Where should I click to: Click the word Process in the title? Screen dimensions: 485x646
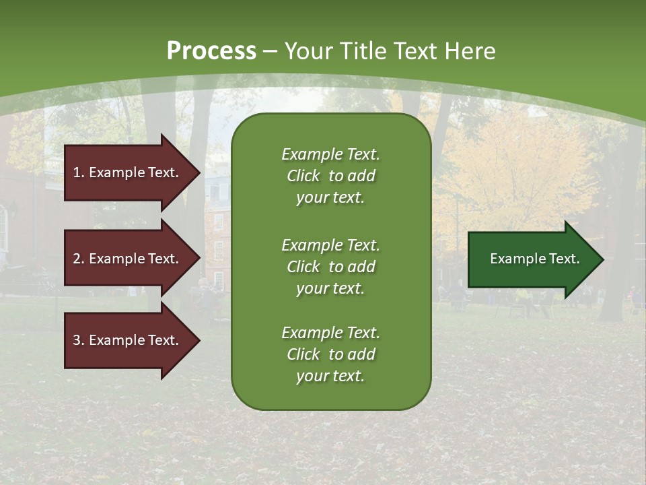tap(211, 51)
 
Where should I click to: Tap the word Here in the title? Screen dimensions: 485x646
tap(470, 51)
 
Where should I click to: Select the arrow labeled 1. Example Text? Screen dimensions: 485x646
tap(128, 172)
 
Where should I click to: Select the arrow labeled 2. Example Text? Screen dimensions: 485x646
tap(128, 259)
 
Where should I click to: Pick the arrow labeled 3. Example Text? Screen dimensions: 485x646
tap(128, 340)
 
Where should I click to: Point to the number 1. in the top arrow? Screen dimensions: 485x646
tap(79, 172)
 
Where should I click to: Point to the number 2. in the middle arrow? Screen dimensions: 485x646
tap(79, 259)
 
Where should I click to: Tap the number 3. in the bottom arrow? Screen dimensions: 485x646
tap(79, 340)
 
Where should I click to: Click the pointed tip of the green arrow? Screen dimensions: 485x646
tap(602, 259)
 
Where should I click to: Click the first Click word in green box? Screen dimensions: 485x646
tap(303, 176)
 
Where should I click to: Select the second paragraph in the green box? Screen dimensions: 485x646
tap(330, 267)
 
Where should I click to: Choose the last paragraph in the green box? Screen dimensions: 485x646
tap(330, 354)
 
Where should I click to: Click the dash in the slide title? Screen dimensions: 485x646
tap(270, 51)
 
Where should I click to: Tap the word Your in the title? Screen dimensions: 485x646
tap(309, 51)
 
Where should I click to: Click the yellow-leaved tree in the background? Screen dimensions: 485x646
tap(518, 168)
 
